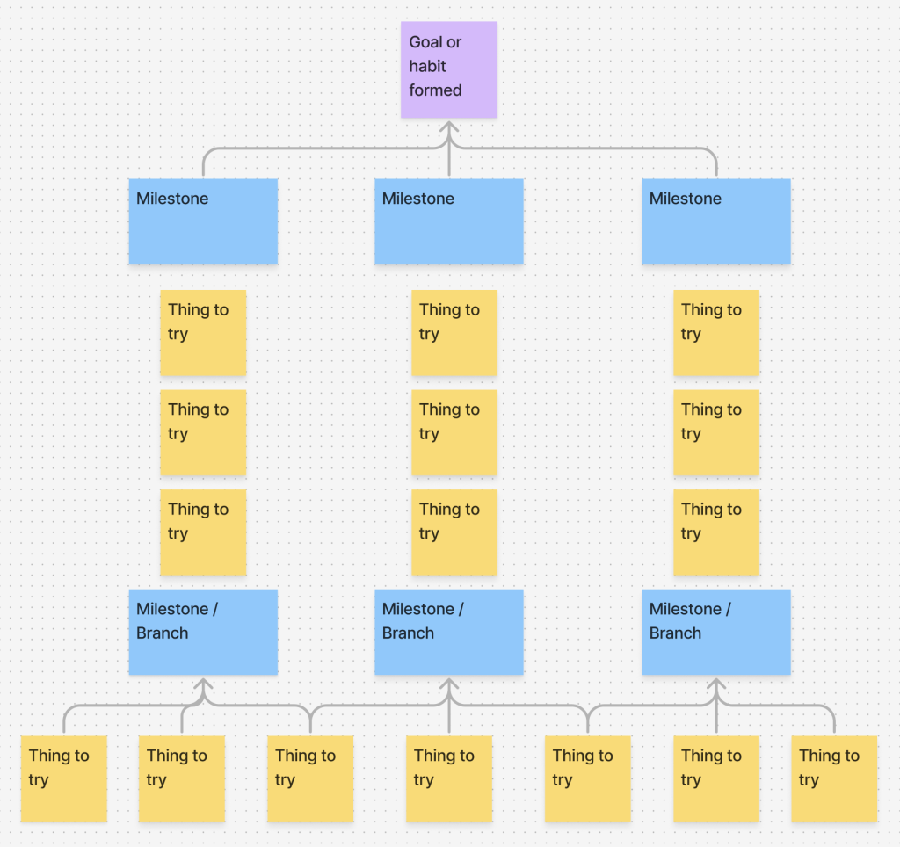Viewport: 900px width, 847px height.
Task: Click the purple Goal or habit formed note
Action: click(449, 69)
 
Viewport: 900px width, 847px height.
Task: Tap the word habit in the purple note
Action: click(427, 66)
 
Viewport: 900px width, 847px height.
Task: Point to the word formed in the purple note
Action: click(435, 90)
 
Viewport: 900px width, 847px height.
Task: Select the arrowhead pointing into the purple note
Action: click(449, 127)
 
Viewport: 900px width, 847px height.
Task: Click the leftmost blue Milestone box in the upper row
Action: click(203, 221)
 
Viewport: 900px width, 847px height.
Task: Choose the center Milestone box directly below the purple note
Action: click(449, 221)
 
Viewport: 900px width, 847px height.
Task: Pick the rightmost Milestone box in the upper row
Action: click(716, 221)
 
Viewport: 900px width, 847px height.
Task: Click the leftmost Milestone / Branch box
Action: click(203, 632)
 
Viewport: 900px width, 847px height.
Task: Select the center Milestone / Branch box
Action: click(449, 632)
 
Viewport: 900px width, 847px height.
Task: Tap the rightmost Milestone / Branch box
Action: click(716, 632)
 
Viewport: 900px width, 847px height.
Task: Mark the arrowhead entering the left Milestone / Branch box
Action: click(204, 684)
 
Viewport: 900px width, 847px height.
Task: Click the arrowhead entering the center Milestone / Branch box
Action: click(449, 684)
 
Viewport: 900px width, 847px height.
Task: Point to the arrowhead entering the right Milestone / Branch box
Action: click(716, 684)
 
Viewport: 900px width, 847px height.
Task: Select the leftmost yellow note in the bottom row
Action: click(63, 778)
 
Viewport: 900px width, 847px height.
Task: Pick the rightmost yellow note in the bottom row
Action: click(834, 778)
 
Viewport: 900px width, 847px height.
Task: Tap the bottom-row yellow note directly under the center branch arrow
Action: click(449, 778)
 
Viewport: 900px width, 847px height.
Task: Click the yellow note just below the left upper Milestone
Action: click(203, 333)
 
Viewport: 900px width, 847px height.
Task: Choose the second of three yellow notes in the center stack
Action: click(454, 432)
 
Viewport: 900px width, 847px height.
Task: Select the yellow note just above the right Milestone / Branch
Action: click(716, 532)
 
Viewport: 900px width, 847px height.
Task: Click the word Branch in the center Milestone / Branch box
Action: click(408, 633)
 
